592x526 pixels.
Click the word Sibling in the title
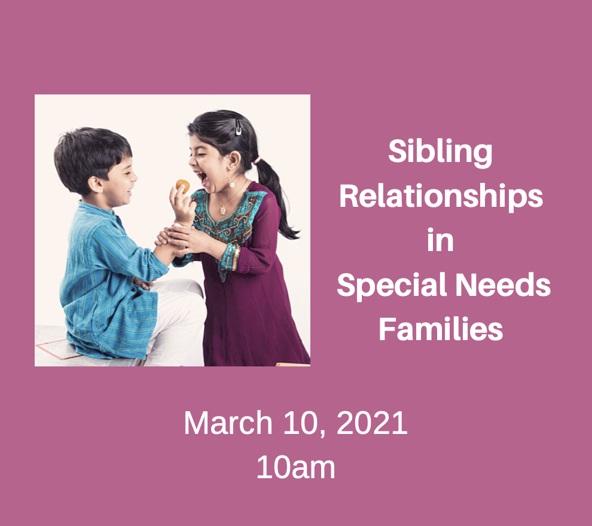440,152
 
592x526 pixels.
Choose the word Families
441,329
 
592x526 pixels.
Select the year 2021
372,423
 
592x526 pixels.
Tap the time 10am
295,467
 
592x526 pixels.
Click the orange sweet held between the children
182,186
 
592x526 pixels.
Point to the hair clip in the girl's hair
238,126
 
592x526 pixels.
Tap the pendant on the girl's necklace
222,210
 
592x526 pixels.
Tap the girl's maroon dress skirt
251,323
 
